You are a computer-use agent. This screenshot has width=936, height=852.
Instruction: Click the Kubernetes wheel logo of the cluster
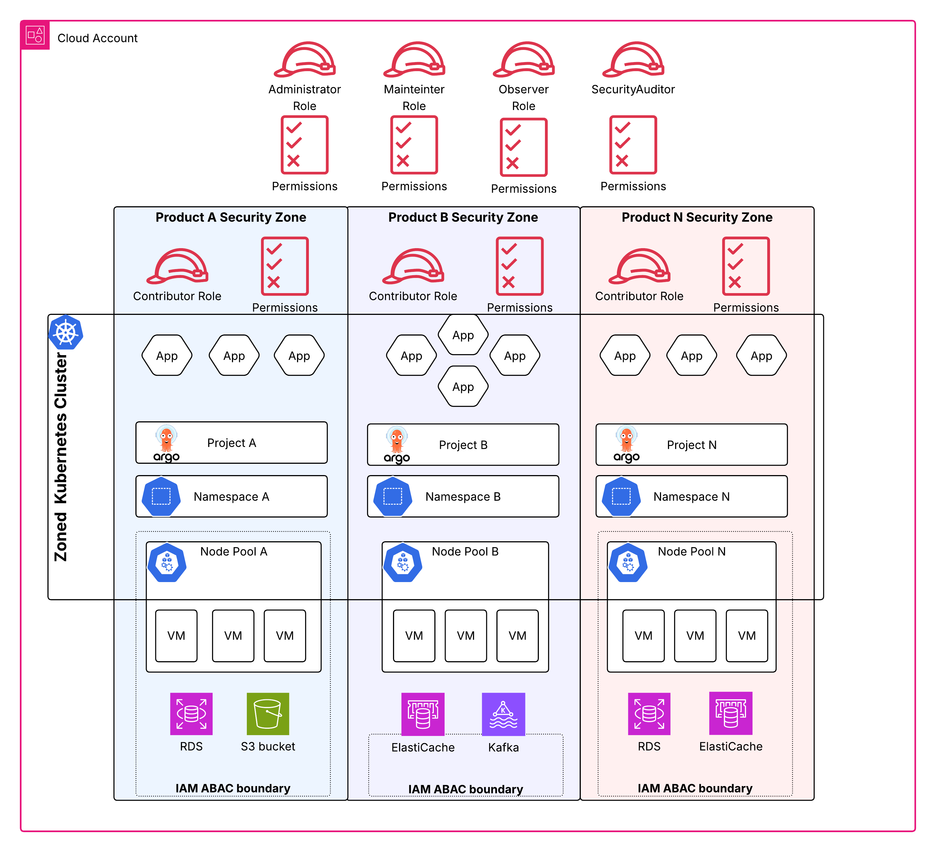click(66, 333)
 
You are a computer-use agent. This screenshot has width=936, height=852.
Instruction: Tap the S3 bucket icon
click(268, 714)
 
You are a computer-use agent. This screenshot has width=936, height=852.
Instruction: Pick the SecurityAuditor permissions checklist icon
click(633, 145)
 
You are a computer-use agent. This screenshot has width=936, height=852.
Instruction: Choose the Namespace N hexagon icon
click(621, 496)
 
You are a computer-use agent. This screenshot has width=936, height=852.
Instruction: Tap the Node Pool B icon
click(403, 562)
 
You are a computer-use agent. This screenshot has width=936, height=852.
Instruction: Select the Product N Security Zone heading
click(697, 217)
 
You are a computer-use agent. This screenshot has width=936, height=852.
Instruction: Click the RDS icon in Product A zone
click(191, 714)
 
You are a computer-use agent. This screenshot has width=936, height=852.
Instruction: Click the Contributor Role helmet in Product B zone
click(413, 267)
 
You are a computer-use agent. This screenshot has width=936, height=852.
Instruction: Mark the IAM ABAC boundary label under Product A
click(232, 788)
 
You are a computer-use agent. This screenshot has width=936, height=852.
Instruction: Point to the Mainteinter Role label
click(414, 98)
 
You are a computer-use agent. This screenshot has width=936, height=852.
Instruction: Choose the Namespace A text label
click(231, 496)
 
